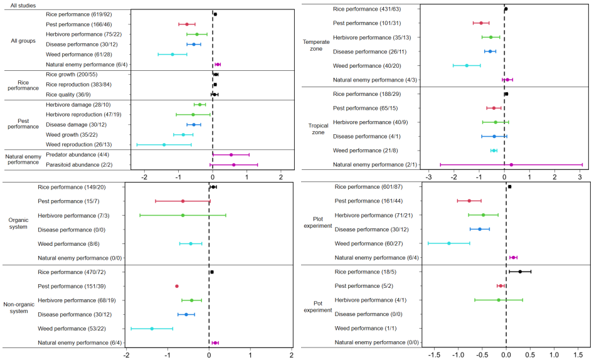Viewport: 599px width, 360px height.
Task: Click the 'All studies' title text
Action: click(x=23, y=5)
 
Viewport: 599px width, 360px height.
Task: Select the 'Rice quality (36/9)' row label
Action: click(x=67, y=94)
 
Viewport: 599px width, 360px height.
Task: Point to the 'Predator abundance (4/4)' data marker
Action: click(x=231, y=154)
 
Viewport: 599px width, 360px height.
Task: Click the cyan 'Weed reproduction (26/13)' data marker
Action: click(x=164, y=144)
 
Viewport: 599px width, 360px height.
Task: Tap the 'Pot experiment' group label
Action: click(x=317, y=307)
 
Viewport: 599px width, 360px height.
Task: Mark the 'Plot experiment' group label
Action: click(x=317, y=222)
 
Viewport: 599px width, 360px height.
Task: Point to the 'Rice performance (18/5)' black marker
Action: click(x=520, y=272)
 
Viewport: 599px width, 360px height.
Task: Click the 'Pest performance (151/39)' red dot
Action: click(x=177, y=286)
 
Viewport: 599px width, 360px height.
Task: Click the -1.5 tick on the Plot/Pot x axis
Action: click(x=433, y=354)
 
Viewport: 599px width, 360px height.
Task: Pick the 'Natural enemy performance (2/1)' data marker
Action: click(x=511, y=164)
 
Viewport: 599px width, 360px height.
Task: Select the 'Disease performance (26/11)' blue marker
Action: click(x=490, y=51)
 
